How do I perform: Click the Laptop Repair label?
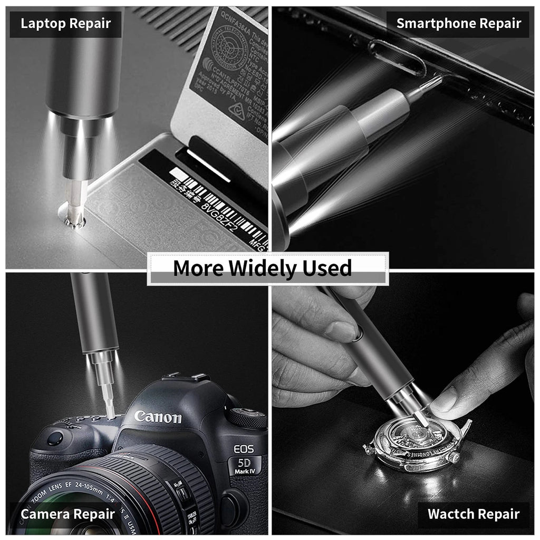click(x=66, y=24)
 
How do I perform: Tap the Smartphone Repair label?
click(x=458, y=24)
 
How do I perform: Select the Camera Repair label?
click(x=67, y=514)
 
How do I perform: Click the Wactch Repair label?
click(x=473, y=514)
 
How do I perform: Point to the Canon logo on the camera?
click(x=158, y=417)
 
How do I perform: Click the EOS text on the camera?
click(x=244, y=450)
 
